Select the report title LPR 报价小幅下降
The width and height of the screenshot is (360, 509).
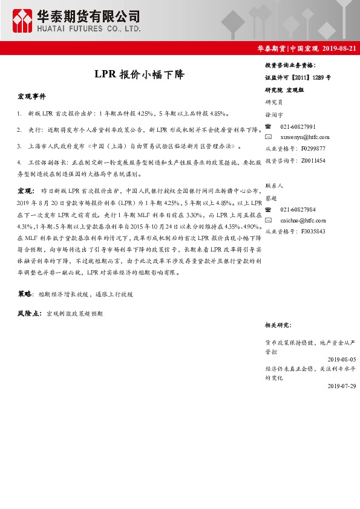click(x=139, y=75)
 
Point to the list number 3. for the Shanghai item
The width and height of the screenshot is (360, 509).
click(x=20, y=146)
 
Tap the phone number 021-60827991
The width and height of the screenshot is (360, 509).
click(x=298, y=127)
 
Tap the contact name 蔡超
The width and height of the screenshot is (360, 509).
click(x=271, y=198)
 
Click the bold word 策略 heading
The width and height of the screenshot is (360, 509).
click(x=25, y=293)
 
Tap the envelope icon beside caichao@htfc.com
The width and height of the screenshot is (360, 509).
click(x=269, y=221)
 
